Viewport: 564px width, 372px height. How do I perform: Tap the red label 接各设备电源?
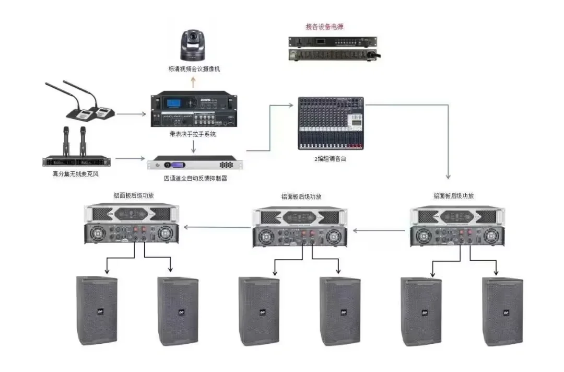pyautogui.click(x=324, y=26)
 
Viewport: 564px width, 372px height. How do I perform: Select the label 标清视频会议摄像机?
pyautogui.click(x=194, y=69)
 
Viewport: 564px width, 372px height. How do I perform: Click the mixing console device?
pyautogui.click(x=332, y=122)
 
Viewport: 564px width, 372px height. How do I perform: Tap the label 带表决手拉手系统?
pyautogui.click(x=193, y=134)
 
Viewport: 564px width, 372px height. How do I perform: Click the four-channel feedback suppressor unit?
pyautogui.click(x=195, y=164)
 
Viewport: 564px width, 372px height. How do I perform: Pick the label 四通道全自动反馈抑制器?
pyautogui.click(x=195, y=179)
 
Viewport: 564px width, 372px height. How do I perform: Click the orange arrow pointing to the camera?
pyautogui.click(x=193, y=82)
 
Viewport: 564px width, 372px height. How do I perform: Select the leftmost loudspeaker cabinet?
pyautogui.click(x=97, y=311)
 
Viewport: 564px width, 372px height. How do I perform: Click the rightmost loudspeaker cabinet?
pyautogui.click(x=502, y=312)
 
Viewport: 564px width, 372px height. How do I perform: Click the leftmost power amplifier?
pyautogui.click(x=132, y=224)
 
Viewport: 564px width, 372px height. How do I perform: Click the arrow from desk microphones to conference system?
pyautogui.click(x=131, y=113)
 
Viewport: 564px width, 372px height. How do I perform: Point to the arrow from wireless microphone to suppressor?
pyautogui.click(x=129, y=157)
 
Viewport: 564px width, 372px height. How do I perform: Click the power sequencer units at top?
pyautogui.click(x=333, y=48)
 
